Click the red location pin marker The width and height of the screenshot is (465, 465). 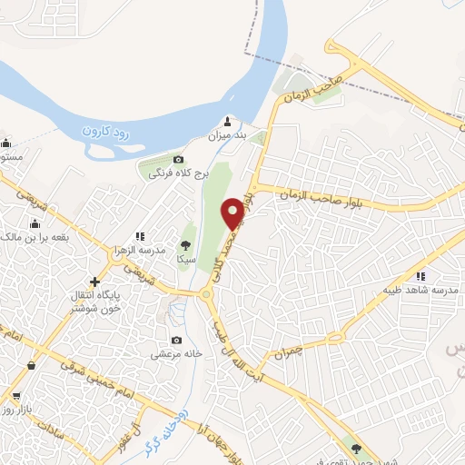[233, 213]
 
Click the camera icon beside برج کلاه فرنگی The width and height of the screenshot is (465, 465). [178, 159]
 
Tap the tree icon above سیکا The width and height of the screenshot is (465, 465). [185, 245]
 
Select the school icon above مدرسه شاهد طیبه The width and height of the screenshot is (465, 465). [420, 276]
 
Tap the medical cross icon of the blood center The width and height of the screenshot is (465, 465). [95, 282]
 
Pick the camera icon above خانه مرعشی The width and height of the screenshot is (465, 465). [176, 341]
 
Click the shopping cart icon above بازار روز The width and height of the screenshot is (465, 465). [15, 396]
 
